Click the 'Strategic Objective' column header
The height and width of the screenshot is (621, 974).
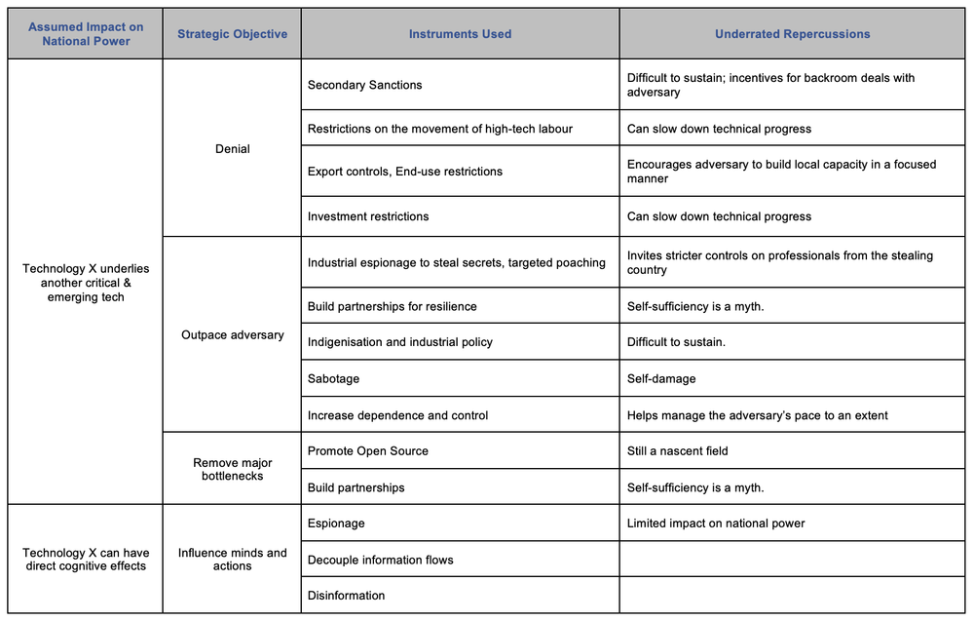point(232,34)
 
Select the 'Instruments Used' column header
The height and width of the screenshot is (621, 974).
point(460,34)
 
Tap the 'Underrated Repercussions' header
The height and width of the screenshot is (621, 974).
point(792,34)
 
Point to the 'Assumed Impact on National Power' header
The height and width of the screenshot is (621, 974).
point(86,34)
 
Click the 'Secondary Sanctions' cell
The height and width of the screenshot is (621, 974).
point(365,86)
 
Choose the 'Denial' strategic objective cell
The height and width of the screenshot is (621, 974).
point(232,149)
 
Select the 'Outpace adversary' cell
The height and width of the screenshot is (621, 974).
point(232,335)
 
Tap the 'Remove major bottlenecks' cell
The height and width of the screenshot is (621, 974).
point(232,469)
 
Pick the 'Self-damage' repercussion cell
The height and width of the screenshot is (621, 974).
point(661,378)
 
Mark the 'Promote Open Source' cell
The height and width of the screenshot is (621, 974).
point(368,451)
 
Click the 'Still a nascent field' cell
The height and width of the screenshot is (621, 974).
point(678,451)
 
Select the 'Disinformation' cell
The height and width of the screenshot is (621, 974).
point(347,596)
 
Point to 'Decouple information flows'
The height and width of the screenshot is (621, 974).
point(381,560)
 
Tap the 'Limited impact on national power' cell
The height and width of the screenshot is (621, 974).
point(716,524)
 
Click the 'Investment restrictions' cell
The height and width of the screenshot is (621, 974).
point(368,216)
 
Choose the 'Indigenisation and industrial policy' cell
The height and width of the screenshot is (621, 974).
point(400,342)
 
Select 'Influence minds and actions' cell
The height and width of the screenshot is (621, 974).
point(232,560)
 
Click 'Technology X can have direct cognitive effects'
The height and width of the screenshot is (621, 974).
point(86,560)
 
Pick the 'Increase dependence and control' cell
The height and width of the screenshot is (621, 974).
point(397,415)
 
